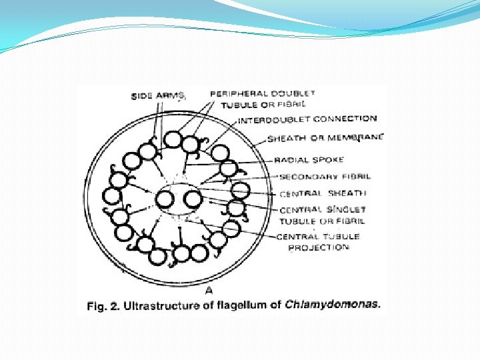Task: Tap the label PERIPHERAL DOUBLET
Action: [x=263, y=94]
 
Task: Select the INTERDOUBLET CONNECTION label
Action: [x=307, y=120]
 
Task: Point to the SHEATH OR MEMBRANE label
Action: [x=325, y=138]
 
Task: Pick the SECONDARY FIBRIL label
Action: [x=325, y=177]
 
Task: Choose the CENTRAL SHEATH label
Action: [x=323, y=193]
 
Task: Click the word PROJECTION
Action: [x=319, y=247]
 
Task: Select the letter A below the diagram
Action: [x=209, y=291]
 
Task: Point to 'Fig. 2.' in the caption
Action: [x=101, y=306]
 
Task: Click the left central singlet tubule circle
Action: [x=165, y=199]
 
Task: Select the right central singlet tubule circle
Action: [x=192, y=199]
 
